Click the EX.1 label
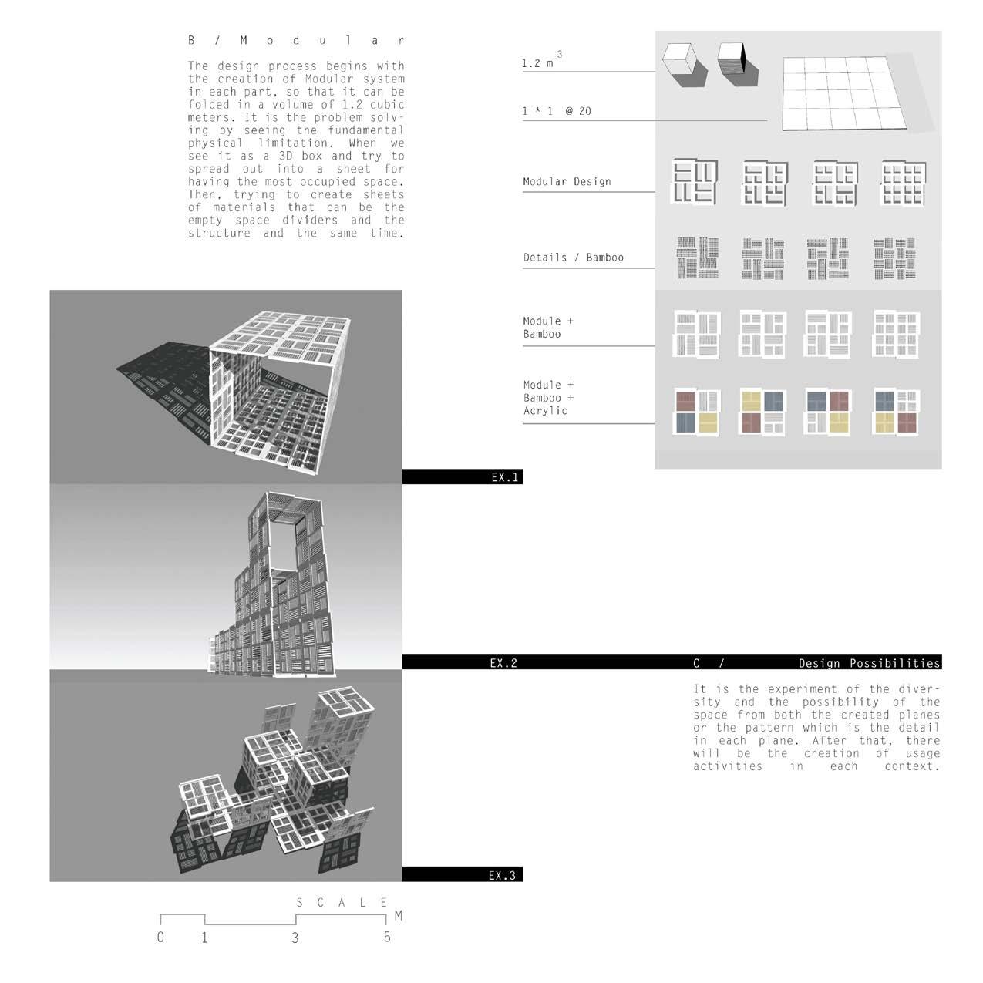(505, 477)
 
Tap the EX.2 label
(503, 662)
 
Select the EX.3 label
(503, 875)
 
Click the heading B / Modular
(296, 40)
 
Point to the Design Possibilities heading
(869, 663)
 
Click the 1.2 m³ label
(542, 62)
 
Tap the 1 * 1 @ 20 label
(557, 111)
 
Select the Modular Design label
(567, 182)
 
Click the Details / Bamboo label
(573, 258)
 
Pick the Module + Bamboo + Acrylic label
(548, 398)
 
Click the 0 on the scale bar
(160, 938)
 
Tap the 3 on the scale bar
(295, 938)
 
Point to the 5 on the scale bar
(387, 938)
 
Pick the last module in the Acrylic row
(896, 410)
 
